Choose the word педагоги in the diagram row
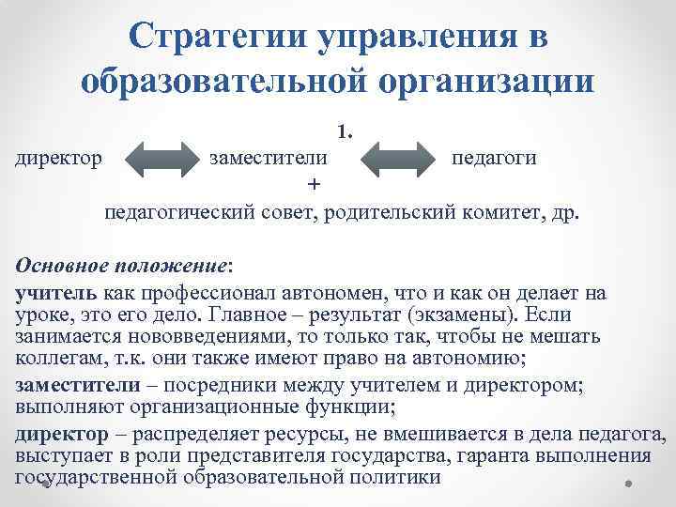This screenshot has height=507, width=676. pos(495,157)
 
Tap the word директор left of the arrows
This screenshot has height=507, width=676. pos(59,157)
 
